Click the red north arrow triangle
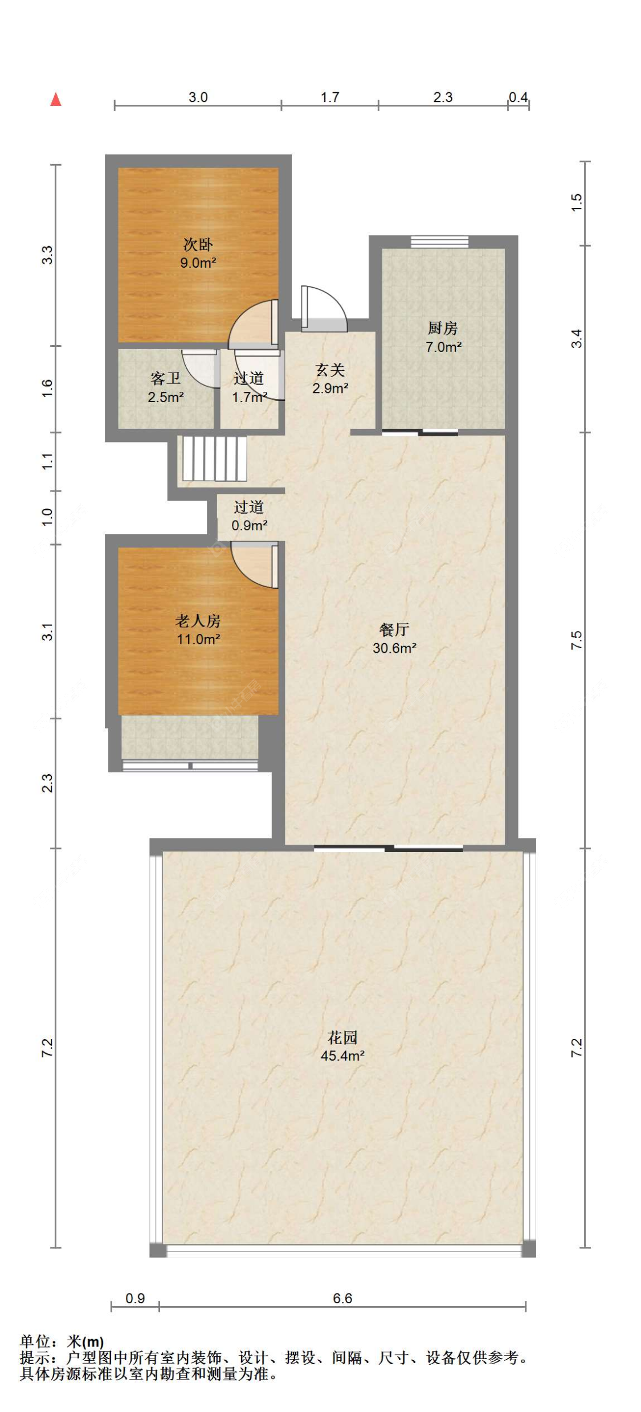pos(55,99)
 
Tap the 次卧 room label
pos(198,244)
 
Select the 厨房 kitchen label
pos(443,328)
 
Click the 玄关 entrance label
pos(330,370)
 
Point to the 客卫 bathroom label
pos(166,379)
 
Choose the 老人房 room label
pos(198,621)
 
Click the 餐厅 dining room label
pos(394,629)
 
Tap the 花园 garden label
pos(342,1037)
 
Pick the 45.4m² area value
pos(342,1055)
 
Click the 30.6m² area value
pos(394,648)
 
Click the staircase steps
pos(214,459)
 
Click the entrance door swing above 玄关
pos(324,308)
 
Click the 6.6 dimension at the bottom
pos(342,1298)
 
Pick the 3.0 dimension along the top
pos(198,97)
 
